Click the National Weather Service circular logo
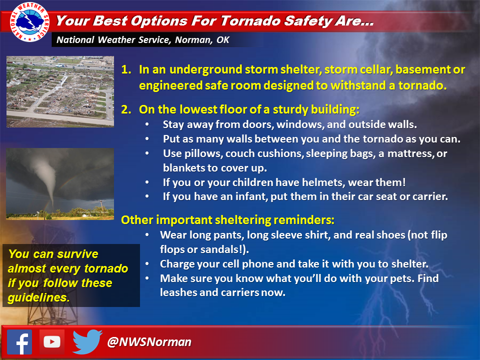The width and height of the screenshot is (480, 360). (29, 21)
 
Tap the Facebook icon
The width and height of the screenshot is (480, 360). (19, 342)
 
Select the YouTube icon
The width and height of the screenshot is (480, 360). (51, 342)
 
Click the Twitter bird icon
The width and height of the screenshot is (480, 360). (87, 342)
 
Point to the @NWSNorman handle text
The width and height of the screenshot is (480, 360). (149, 342)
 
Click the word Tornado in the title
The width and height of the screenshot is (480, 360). (250, 21)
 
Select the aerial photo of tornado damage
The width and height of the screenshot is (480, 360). (60, 91)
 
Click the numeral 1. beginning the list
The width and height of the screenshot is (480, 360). (126, 69)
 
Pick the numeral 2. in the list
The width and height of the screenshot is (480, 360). (126, 109)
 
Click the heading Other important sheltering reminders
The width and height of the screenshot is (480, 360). (228, 220)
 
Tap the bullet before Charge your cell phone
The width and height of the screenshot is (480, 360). (147, 264)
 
